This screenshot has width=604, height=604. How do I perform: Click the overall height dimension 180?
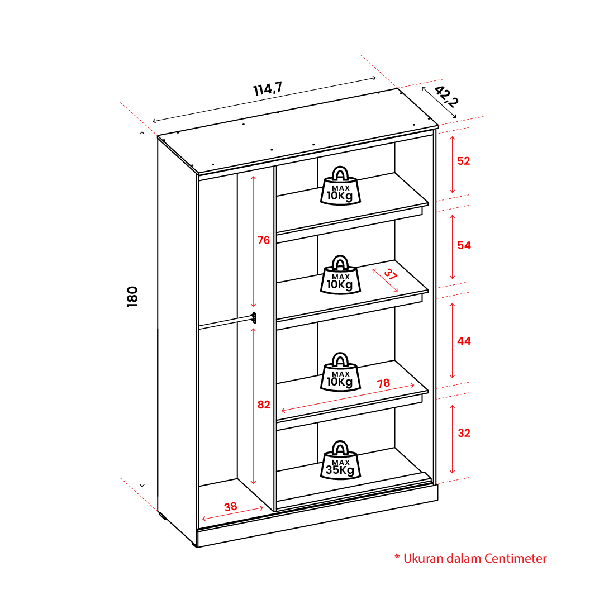point(132,297)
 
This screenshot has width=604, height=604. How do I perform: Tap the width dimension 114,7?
point(268,89)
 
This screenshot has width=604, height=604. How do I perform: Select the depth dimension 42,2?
point(446,96)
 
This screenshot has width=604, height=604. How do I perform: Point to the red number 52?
point(464,161)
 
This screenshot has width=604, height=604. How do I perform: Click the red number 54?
point(464,245)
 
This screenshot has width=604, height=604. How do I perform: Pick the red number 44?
point(464,341)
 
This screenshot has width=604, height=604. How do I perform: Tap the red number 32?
point(464,433)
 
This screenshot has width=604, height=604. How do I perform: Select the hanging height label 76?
point(264,240)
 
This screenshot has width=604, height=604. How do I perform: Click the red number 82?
point(264,405)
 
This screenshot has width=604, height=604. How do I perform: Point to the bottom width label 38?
point(231,507)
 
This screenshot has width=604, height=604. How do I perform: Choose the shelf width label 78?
point(383,383)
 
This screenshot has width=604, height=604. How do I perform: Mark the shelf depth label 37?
point(390,274)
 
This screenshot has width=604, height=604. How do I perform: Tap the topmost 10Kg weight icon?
point(340,186)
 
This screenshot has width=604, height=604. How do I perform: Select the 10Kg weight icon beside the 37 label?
point(340,275)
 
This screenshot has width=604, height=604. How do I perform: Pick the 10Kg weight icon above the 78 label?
point(340,372)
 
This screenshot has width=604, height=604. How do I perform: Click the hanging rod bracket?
point(254,318)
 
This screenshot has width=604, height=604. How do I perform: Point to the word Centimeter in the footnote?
point(515,558)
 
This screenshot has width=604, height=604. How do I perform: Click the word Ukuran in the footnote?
point(424,558)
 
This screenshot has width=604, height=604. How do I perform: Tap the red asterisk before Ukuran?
point(397,557)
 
